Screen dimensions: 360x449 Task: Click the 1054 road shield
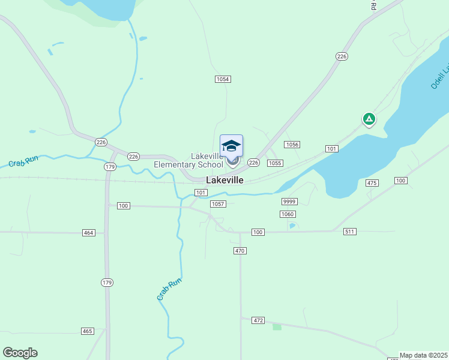click(x=223, y=79)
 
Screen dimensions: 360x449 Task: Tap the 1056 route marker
click(x=292, y=145)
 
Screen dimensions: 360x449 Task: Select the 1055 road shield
click(x=275, y=163)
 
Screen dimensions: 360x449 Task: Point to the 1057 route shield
click(x=218, y=204)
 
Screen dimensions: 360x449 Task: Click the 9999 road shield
click(x=289, y=202)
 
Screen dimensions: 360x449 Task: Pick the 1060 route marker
click(x=288, y=214)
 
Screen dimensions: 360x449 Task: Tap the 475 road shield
click(x=372, y=183)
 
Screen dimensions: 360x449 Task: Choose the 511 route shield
click(x=350, y=232)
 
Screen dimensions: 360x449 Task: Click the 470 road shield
click(x=240, y=251)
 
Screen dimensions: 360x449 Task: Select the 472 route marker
click(x=258, y=321)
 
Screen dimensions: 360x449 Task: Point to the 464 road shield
click(x=89, y=232)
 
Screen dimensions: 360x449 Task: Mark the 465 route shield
click(x=88, y=331)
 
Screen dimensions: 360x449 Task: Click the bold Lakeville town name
click(x=224, y=180)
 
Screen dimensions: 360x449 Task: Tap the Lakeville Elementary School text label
click(x=188, y=160)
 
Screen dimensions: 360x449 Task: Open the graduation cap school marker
click(x=232, y=146)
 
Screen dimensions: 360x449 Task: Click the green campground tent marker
click(x=369, y=119)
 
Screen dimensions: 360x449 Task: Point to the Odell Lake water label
click(x=439, y=76)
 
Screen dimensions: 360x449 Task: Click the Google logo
click(x=20, y=353)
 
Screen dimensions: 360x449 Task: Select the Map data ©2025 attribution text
click(x=424, y=355)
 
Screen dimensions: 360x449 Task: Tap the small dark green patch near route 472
click(x=277, y=326)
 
